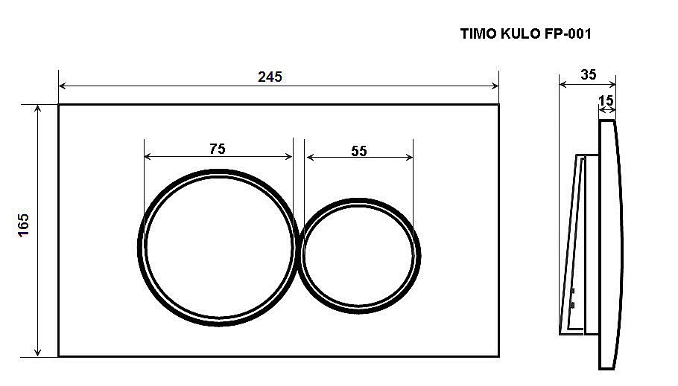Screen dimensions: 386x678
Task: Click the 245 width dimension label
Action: pos(270,77)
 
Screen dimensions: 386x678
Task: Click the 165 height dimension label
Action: pos(23,225)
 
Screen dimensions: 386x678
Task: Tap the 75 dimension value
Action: pos(217,149)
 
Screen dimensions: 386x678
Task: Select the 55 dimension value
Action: pos(359,150)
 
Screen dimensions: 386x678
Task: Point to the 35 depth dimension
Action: pos(588,74)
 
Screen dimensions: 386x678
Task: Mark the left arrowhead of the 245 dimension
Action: pos(62,86)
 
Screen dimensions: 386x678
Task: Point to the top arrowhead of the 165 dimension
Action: pos(37,109)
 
